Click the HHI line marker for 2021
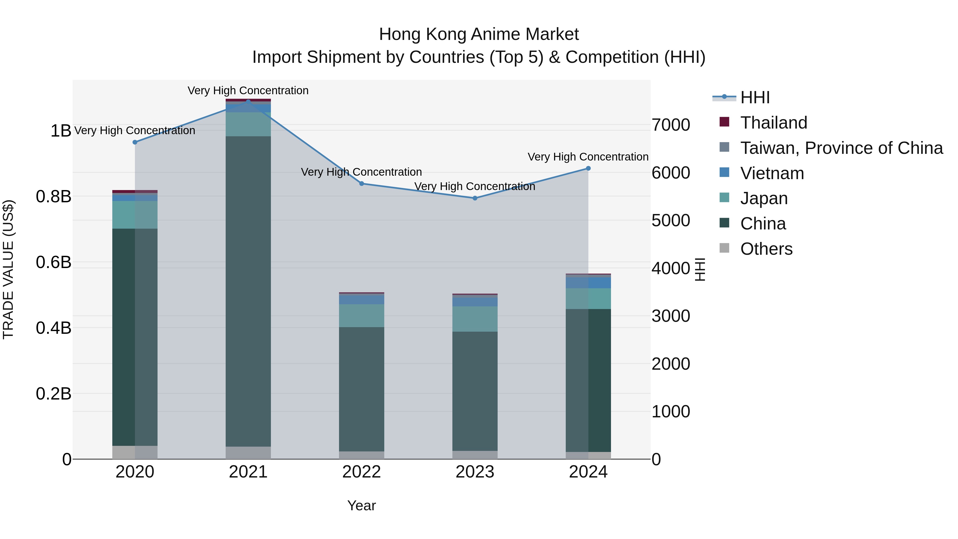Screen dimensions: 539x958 tap(248, 102)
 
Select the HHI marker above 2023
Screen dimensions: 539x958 tap(475, 198)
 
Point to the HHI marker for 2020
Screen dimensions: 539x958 tap(135, 142)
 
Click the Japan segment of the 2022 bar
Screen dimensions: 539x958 tap(361, 316)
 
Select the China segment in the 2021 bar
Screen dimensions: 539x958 tap(248, 290)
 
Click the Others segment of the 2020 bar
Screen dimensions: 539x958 tap(135, 452)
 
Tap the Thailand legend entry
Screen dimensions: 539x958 tap(774, 123)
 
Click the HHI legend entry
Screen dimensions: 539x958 tap(755, 97)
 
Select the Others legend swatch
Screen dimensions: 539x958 tap(724, 248)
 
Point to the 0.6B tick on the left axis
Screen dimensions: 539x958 tap(53, 262)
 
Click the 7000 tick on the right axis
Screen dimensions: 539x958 tap(671, 125)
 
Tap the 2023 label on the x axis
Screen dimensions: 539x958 tap(475, 472)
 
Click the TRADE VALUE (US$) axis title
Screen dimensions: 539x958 tap(8, 270)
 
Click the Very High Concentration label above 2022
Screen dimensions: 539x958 tap(361, 172)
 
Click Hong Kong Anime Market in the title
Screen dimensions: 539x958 tap(479, 34)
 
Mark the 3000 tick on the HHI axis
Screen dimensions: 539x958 tap(671, 316)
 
